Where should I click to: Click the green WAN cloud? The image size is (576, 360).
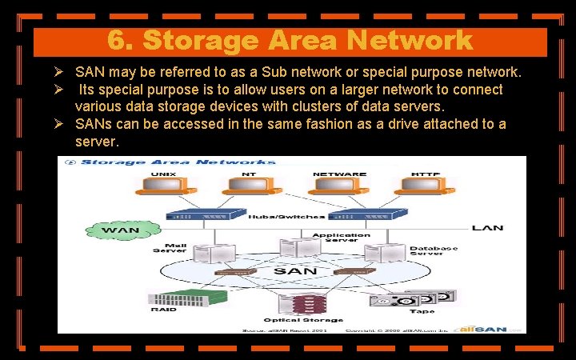click(119, 230)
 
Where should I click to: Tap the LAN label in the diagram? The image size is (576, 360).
click(487, 228)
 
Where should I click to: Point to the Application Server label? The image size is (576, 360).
click(341, 238)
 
